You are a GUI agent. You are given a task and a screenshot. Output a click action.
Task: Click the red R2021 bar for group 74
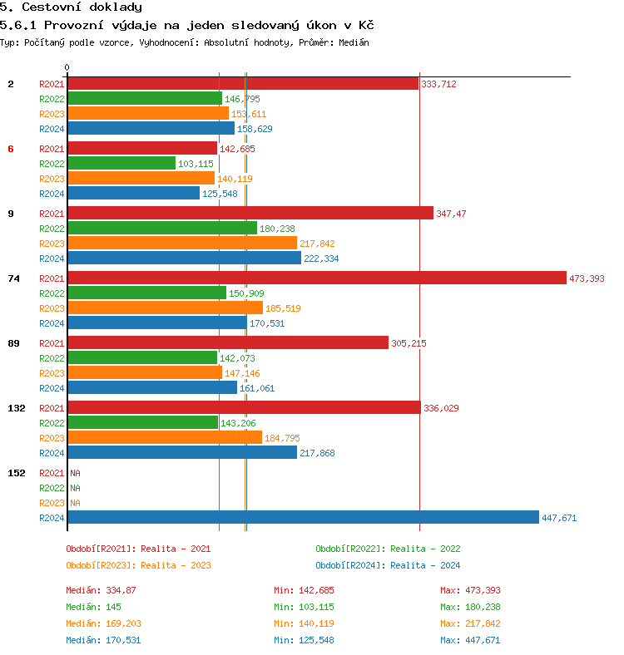pos(316,278)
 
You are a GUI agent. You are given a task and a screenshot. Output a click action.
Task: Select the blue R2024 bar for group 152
pos(303,517)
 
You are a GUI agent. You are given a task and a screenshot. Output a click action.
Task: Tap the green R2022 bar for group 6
pos(121,164)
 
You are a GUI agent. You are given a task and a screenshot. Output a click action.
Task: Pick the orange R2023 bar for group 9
pos(181,243)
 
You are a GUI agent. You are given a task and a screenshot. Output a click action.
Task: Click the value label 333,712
pos(438,84)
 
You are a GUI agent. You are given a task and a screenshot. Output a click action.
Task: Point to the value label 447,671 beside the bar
pos(559,518)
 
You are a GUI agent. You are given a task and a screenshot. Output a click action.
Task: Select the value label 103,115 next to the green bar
pos(196,164)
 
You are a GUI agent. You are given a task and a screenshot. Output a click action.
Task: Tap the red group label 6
pos(11,149)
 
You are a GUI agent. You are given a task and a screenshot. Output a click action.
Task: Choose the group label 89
pos(13,343)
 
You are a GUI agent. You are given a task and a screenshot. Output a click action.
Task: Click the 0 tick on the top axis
pos(67,67)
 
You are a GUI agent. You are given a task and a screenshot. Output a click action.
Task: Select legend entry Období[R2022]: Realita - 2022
pos(388,549)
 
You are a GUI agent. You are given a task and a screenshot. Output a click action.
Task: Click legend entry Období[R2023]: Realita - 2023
pos(138,565)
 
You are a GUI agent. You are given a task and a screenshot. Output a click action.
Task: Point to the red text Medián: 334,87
pos(101,590)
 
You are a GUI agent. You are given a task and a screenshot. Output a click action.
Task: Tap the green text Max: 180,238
pos(471,607)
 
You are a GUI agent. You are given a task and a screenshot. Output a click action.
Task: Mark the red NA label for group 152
pos(75,473)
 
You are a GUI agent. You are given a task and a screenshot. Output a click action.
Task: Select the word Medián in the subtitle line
pos(353,42)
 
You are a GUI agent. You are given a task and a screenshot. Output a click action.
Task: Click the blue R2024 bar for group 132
pos(181,452)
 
